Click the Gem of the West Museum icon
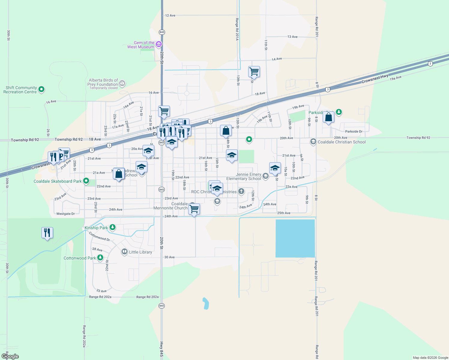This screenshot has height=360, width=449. (159, 45)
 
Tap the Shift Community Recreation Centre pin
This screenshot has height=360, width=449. (42, 89)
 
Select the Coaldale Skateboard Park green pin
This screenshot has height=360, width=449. (86, 181)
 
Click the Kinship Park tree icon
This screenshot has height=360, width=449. (113, 227)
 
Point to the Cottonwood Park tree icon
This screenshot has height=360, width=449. (100, 257)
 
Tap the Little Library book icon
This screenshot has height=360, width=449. (125, 252)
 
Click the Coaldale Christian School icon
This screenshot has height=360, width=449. (313, 142)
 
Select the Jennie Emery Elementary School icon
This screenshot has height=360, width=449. (265, 176)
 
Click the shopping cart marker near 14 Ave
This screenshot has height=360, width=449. (254, 72)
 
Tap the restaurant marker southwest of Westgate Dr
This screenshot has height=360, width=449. (47, 232)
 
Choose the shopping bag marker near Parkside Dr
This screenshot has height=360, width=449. (328, 117)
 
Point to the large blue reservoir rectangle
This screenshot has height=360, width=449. (295, 238)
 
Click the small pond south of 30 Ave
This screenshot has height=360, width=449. (206, 304)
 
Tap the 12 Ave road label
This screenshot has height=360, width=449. (170, 15)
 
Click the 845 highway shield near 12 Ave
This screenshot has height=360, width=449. (162, 32)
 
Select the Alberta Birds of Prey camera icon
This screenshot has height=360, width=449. (122, 84)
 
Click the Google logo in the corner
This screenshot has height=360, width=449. (10, 356)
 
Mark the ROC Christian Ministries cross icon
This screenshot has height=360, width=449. (241, 191)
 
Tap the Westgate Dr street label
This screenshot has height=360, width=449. (65, 214)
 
